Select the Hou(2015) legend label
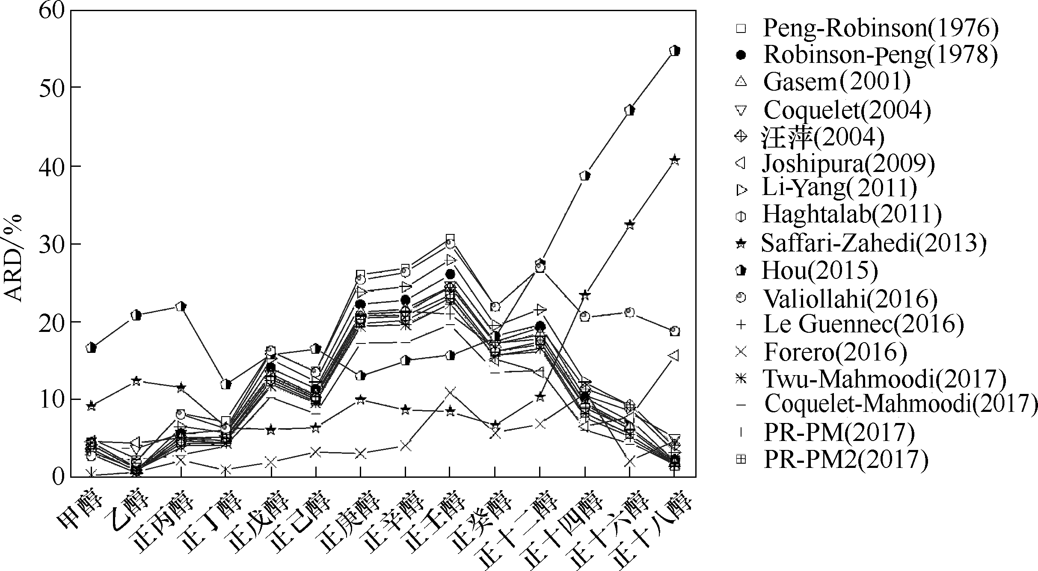click(x=820, y=270)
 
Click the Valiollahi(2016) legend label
click(x=850, y=298)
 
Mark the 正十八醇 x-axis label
click(x=652, y=533)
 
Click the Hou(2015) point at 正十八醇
click(x=675, y=50)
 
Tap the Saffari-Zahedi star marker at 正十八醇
click(x=675, y=160)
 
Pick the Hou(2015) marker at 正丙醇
click(x=181, y=307)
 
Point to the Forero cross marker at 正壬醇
click(x=450, y=392)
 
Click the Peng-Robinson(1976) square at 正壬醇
click(x=450, y=238)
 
